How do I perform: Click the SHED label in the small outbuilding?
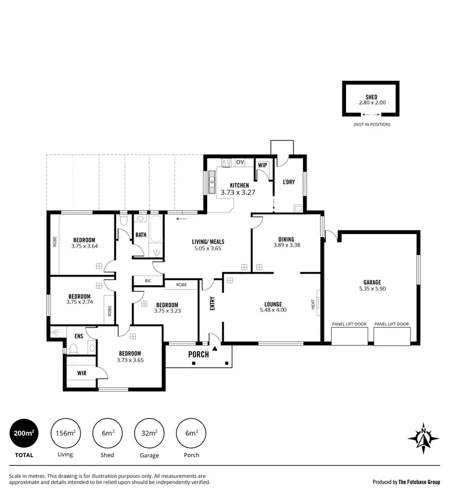[x=371, y=96]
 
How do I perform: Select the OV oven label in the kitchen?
[x=240, y=162]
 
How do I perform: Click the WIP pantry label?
[x=262, y=165]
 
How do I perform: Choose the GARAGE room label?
[x=372, y=282]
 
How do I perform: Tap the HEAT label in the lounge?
[x=313, y=305]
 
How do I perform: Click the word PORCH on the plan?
[x=198, y=354]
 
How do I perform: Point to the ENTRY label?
[x=212, y=305]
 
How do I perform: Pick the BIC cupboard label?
[x=147, y=280]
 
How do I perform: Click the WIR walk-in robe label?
[x=82, y=372]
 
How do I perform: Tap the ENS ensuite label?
[x=78, y=337]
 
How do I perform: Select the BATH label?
[x=141, y=235]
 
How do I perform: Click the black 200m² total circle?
[x=25, y=433]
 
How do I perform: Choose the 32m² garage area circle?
[x=149, y=433]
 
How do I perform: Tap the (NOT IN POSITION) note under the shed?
[x=371, y=124]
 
